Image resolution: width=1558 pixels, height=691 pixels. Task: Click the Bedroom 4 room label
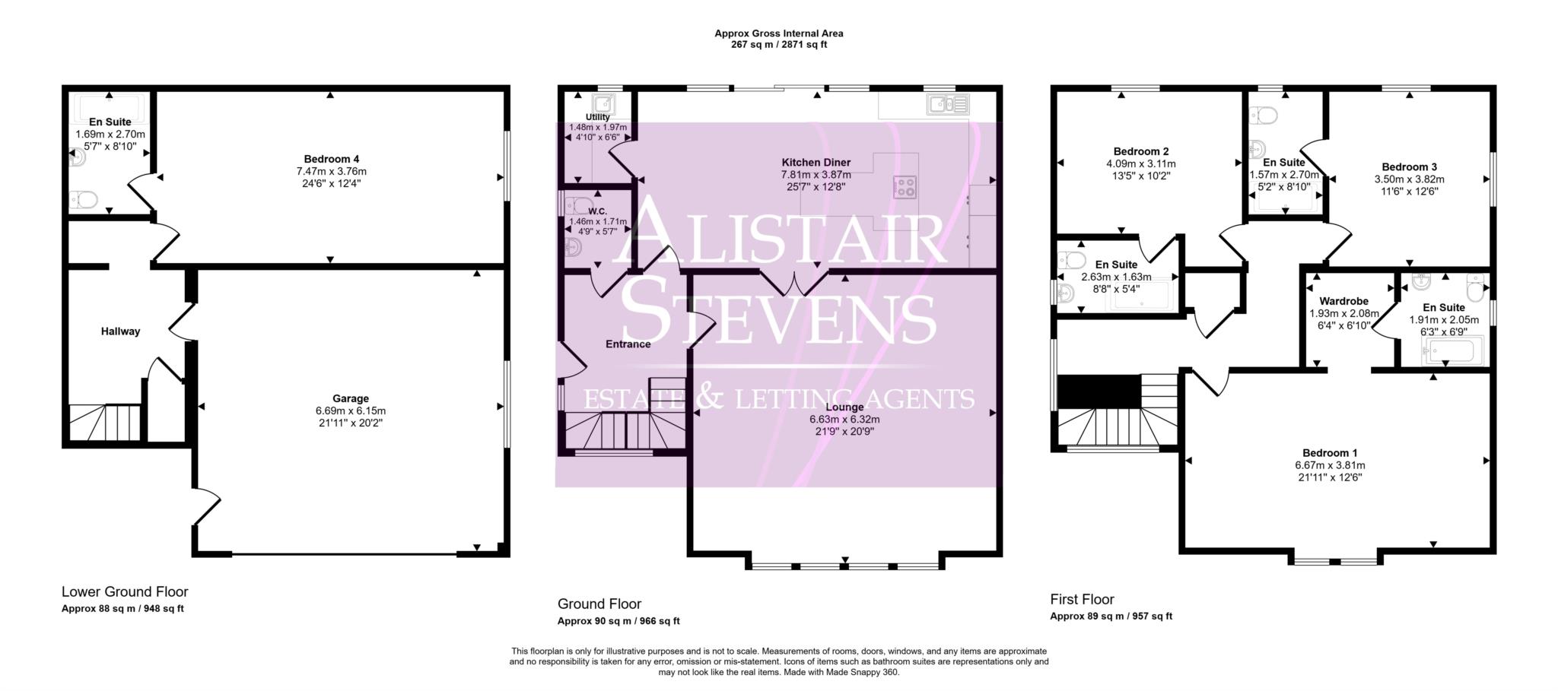coord(331,159)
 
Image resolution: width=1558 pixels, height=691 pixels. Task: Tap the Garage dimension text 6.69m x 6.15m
coord(351,410)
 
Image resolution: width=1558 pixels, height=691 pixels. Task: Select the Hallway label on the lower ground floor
coord(120,331)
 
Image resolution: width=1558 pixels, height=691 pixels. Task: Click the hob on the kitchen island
coord(905,187)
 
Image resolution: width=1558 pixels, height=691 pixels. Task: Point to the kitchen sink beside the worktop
coord(947,104)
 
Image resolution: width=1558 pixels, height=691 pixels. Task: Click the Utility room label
coord(597,117)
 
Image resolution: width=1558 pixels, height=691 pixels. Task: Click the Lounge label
coord(844,407)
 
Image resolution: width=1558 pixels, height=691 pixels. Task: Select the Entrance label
coord(628,344)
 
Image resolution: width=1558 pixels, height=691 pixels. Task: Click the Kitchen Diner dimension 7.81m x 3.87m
coord(816,175)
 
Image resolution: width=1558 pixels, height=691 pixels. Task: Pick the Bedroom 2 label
coord(1140,151)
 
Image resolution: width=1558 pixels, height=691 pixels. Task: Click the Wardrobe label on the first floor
coord(1343,301)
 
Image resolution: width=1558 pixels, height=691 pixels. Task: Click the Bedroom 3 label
coord(1409,167)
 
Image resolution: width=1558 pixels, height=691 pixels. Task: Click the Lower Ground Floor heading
coord(125,591)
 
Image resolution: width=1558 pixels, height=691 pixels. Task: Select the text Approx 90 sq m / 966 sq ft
coord(618,621)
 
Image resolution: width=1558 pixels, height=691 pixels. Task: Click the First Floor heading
coord(1082,599)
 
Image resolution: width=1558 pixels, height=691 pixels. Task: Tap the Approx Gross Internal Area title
coord(778,33)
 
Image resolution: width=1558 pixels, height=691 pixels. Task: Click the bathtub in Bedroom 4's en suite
coord(110,106)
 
